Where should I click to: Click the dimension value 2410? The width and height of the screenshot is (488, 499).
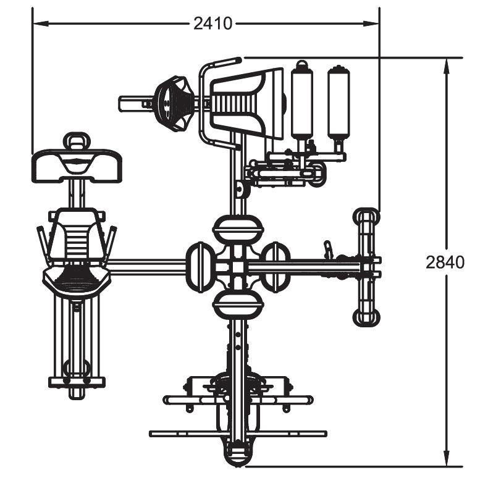point(213,23)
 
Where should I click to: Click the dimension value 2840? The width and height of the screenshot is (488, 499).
point(445,262)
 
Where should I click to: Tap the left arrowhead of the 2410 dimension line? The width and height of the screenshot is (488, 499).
point(41,23)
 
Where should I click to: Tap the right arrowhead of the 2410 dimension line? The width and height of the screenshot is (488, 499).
point(371,23)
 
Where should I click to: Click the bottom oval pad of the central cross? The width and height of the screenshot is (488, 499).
point(238,304)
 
